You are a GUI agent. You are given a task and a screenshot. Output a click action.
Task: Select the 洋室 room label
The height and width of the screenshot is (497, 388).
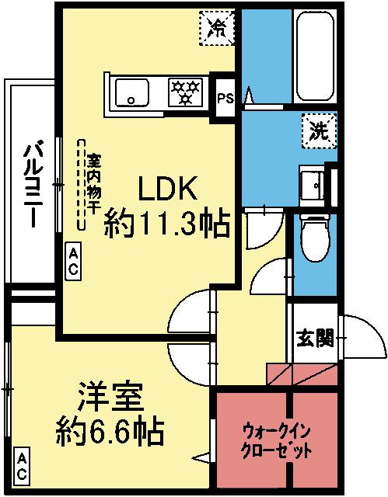click(109, 398)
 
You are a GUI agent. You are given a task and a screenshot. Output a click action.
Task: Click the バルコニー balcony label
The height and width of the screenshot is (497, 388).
click(32, 183)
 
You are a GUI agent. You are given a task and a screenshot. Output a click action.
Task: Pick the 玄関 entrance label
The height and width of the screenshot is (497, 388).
click(314, 339)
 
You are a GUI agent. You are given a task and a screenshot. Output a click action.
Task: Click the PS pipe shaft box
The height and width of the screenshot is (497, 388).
click(225, 98)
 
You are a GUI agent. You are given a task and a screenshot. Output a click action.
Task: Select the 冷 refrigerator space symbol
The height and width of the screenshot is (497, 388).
click(218, 28)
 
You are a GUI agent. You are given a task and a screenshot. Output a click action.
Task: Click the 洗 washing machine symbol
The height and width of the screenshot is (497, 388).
click(318, 129)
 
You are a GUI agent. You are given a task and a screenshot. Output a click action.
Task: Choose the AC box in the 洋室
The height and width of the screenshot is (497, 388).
click(22, 466)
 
